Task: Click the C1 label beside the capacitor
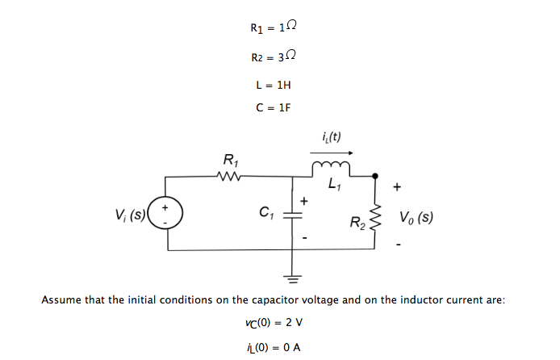[x=265, y=214]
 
